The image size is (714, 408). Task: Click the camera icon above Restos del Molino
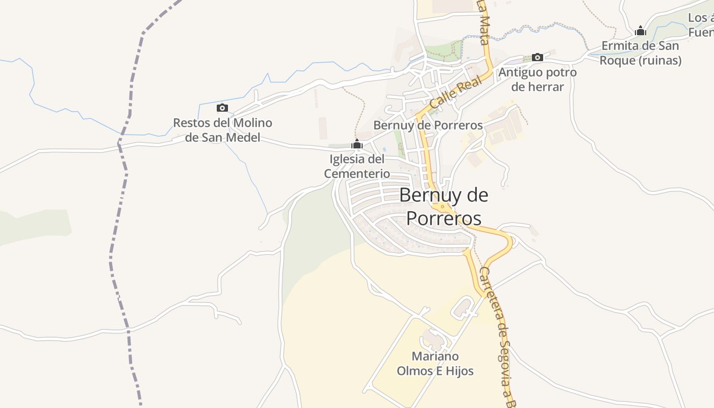[x=222, y=108]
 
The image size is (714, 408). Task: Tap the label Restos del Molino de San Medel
[x=222, y=130]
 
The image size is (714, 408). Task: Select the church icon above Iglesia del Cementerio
[x=357, y=144]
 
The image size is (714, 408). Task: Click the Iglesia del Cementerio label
[x=357, y=166]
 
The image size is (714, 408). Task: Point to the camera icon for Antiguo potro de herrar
[x=537, y=57]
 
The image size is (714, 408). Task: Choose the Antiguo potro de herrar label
[x=538, y=80]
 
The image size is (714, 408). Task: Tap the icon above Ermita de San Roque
[x=641, y=31]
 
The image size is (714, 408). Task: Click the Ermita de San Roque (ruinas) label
[x=640, y=53]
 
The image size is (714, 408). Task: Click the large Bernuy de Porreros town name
[x=444, y=207]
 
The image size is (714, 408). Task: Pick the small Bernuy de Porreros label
[x=428, y=125]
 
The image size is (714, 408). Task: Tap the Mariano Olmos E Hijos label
[x=435, y=364]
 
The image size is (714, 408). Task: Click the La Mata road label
[x=483, y=23]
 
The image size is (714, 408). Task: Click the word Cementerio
[x=357, y=173]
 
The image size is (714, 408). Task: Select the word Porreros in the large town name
[x=444, y=218]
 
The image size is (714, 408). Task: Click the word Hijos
[x=458, y=371]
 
